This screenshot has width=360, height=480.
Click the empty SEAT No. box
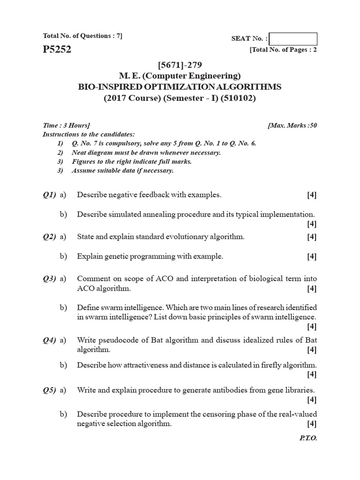tap(293, 39)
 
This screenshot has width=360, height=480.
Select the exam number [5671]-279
tap(180, 65)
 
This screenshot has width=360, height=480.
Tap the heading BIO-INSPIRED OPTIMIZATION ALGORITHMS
tap(180, 87)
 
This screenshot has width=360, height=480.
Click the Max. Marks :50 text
tap(292, 125)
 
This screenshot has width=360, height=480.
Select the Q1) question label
tap(49, 195)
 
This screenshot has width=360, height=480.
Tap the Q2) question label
tap(49, 237)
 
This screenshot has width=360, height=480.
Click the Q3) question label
tap(49, 279)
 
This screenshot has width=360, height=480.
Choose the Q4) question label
tap(49, 340)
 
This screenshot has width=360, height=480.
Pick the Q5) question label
tap(49, 390)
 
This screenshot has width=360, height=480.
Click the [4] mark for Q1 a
tap(312, 195)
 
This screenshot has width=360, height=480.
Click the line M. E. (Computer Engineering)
tap(180, 76)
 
